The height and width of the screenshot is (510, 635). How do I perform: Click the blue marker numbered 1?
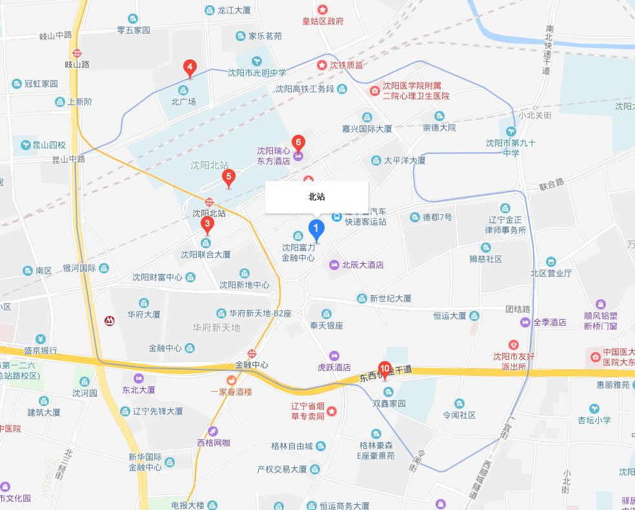pos(316,228)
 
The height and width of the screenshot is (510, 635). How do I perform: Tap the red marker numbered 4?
pos(190,67)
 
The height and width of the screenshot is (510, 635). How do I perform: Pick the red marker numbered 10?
pos(385,369)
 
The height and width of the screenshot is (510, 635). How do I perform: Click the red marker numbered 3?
pos(207,225)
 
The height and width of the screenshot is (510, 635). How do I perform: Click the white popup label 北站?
pos(317,197)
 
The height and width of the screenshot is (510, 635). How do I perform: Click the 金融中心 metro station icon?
pos(252,353)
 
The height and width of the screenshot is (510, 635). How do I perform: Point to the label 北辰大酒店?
pos(362,265)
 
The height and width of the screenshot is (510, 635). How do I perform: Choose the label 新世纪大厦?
pos(390,299)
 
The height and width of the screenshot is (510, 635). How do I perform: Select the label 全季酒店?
pos(549,322)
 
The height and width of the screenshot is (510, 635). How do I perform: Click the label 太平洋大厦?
pos(405,160)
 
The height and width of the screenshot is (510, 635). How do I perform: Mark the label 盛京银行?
pos(41,351)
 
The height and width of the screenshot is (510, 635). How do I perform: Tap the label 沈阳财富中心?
pos(157,277)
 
